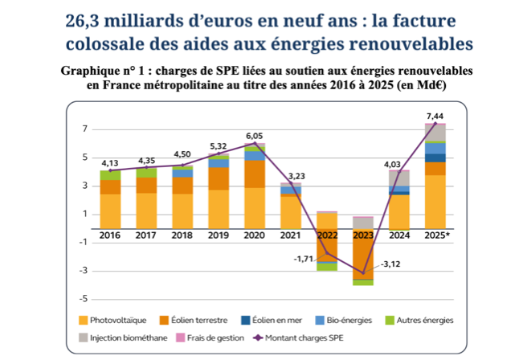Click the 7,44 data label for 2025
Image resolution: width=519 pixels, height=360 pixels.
435,116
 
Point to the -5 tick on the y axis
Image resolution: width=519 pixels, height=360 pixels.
84,299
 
